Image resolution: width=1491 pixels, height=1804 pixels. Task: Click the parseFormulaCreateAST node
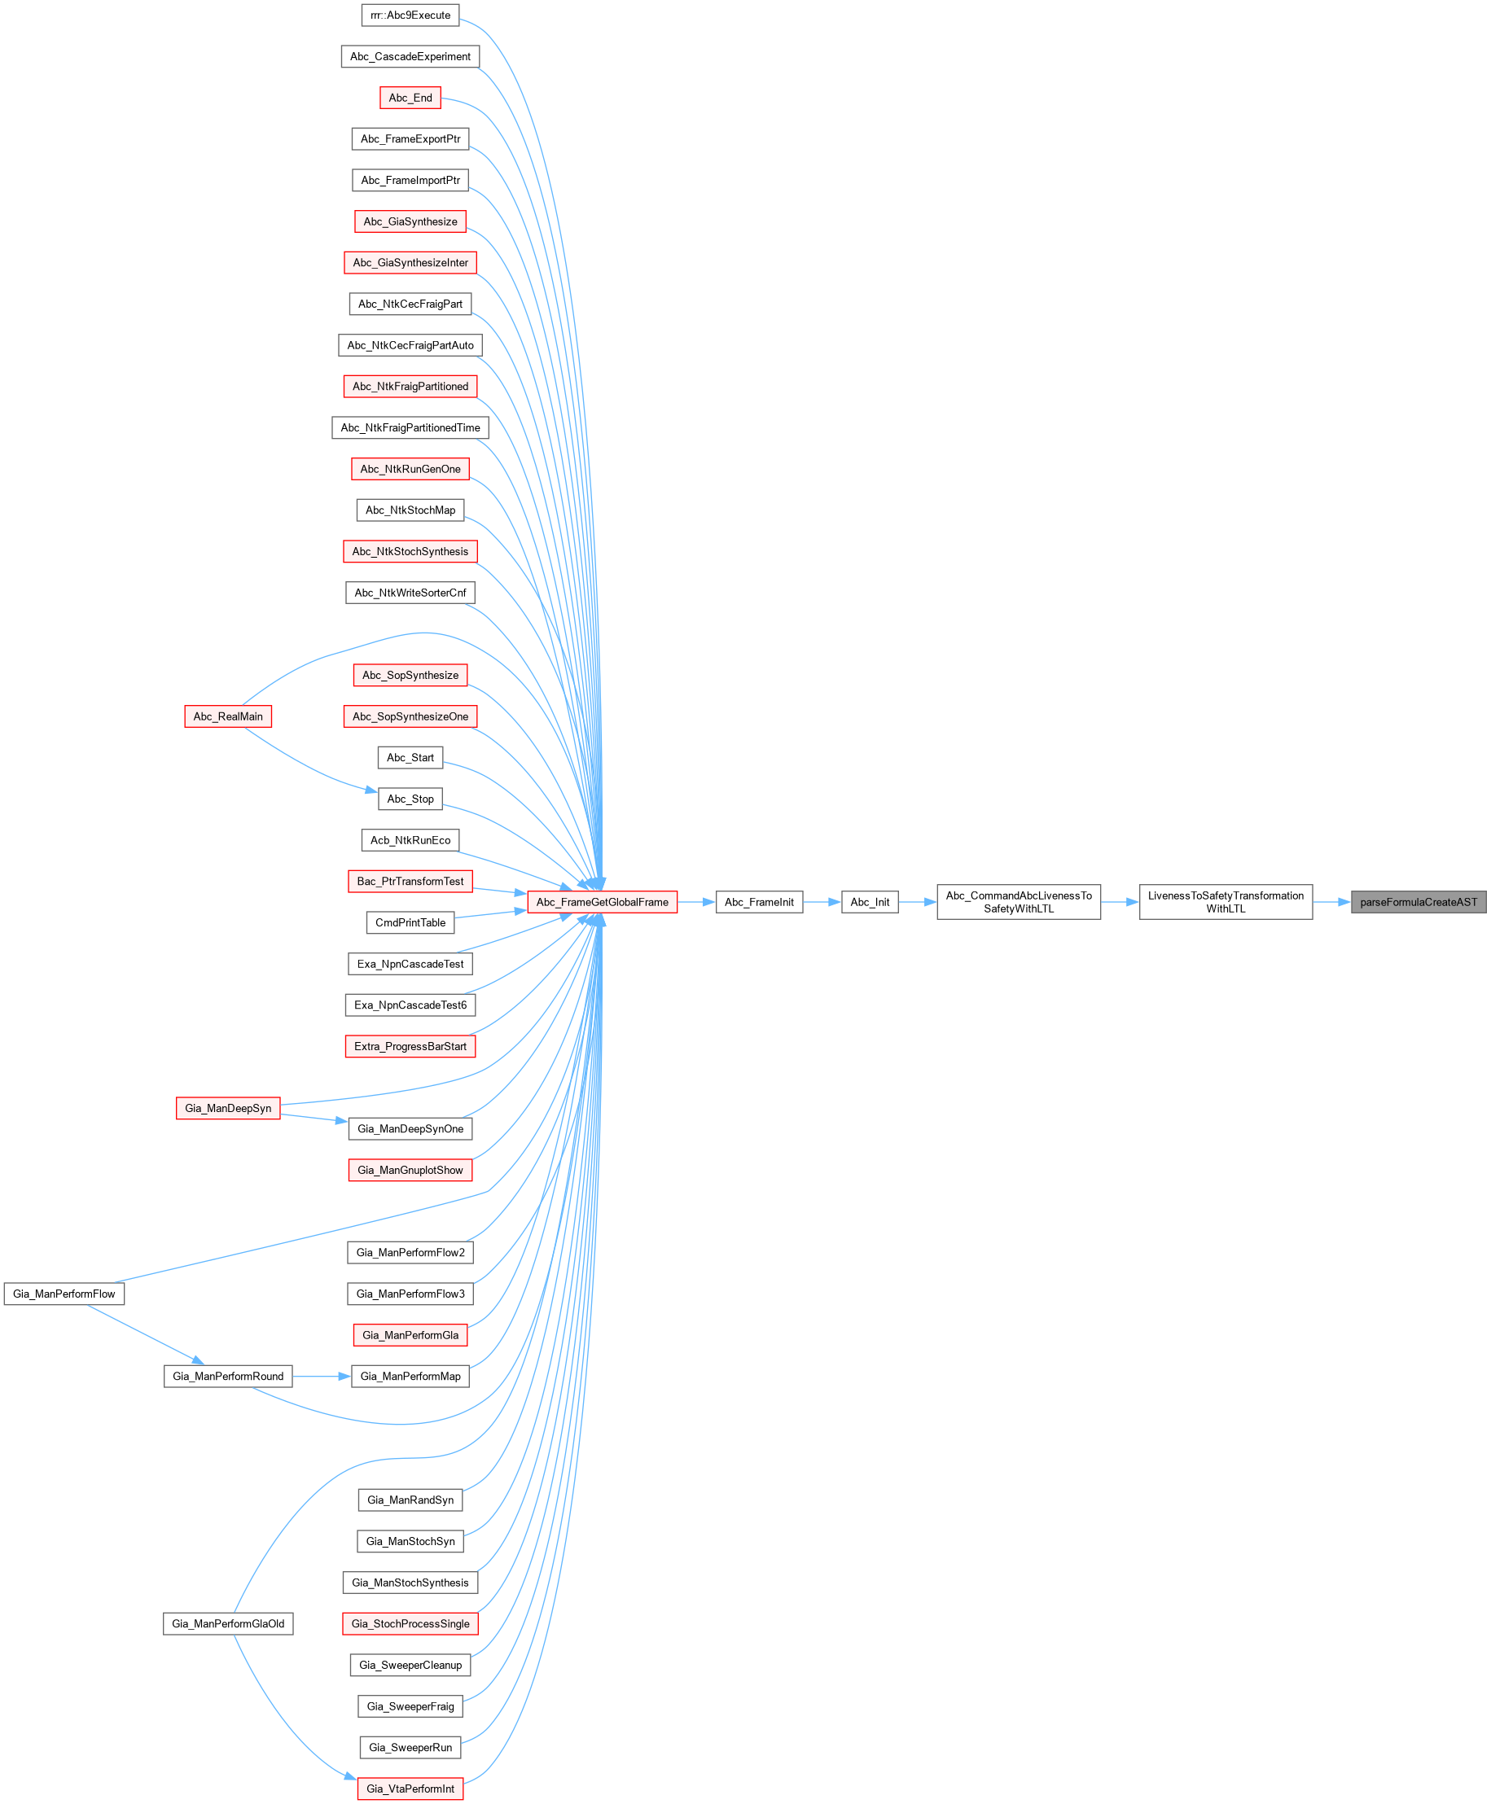[x=1418, y=901]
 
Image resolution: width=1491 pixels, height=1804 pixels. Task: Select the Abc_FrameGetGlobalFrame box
[x=602, y=901]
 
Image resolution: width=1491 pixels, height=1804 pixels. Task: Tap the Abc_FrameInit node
[x=759, y=901]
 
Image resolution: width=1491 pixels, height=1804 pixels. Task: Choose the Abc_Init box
[x=870, y=901]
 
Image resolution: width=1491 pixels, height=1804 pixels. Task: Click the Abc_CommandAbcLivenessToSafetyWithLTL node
[x=1019, y=901]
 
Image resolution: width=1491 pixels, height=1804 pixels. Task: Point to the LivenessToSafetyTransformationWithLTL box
[x=1226, y=901]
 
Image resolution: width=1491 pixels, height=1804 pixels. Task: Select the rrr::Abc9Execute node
[x=410, y=15]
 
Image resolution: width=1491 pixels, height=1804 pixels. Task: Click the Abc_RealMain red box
[x=229, y=716]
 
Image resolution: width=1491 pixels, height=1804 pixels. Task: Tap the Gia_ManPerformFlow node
[x=64, y=1293]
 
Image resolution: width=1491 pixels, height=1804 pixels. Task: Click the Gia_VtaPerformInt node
[x=410, y=1788]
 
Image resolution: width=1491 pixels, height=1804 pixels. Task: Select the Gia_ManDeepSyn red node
[x=229, y=1108]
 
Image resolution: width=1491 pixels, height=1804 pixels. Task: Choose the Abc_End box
[x=410, y=98]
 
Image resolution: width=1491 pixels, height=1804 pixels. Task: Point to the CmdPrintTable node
[x=410, y=922]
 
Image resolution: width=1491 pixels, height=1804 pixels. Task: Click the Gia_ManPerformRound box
[x=229, y=1376]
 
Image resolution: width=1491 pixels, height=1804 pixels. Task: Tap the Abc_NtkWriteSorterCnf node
[x=410, y=593]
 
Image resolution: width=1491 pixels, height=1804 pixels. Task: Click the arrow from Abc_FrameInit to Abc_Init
[x=822, y=901]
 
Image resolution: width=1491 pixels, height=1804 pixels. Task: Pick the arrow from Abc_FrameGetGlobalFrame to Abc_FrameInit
[x=696, y=901]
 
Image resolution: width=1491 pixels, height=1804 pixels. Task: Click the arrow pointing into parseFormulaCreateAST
[x=1331, y=901]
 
